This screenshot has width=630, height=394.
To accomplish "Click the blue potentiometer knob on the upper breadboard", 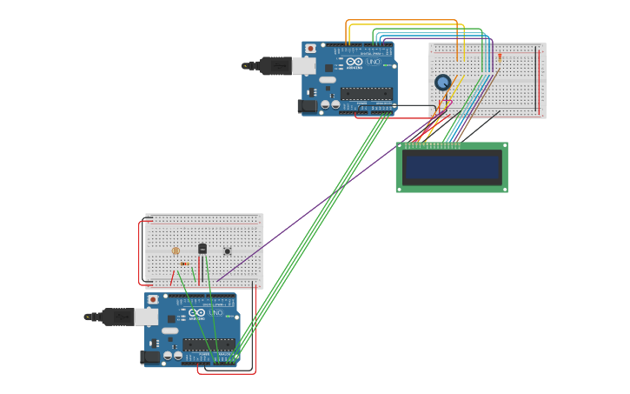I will point(443,82).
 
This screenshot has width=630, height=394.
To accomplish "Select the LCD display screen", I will point(452,167).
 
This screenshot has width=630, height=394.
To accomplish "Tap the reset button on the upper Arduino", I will point(310,49).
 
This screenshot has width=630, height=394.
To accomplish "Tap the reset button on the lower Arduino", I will point(153,299).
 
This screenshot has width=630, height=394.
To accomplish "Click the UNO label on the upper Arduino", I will point(372,62).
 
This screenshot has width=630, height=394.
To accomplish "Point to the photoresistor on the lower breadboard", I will point(176,250).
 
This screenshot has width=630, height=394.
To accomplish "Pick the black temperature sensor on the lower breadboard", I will point(202,249).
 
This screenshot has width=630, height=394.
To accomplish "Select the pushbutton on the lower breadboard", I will point(227,251).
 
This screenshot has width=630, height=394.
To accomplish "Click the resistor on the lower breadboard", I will point(184,264).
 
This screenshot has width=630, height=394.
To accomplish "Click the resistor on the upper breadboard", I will point(500,57).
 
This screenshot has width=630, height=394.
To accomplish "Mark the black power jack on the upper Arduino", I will point(307,106).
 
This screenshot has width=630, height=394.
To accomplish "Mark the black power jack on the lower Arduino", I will point(149,357).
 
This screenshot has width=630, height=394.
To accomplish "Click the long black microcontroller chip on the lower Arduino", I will point(209,344).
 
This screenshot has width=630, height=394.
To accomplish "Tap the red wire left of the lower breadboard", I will point(140,252).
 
